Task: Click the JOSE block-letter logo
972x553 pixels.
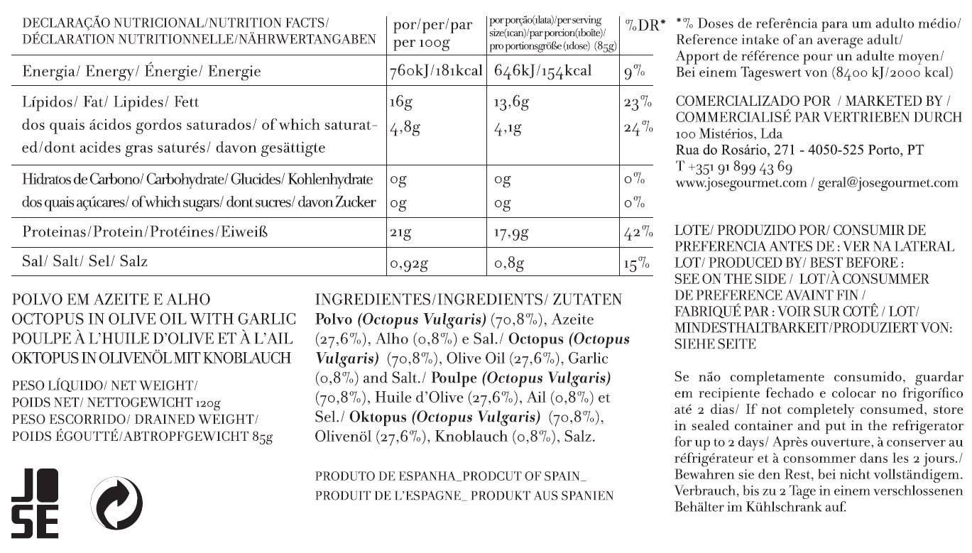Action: (35, 503)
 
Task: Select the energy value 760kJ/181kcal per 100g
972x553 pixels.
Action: (436, 72)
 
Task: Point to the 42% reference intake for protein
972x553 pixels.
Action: (638, 233)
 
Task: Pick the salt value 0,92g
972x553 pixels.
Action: (409, 264)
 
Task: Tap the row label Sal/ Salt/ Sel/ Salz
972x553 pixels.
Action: (85, 262)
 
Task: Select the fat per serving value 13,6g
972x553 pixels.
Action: (511, 104)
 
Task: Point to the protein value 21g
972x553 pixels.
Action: (400, 233)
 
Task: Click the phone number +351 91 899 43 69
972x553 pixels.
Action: (734, 168)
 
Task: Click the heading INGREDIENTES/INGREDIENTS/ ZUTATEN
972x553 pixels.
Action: (468, 300)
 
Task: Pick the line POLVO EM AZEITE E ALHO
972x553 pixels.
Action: (111, 300)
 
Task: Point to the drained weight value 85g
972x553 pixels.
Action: (262, 437)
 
